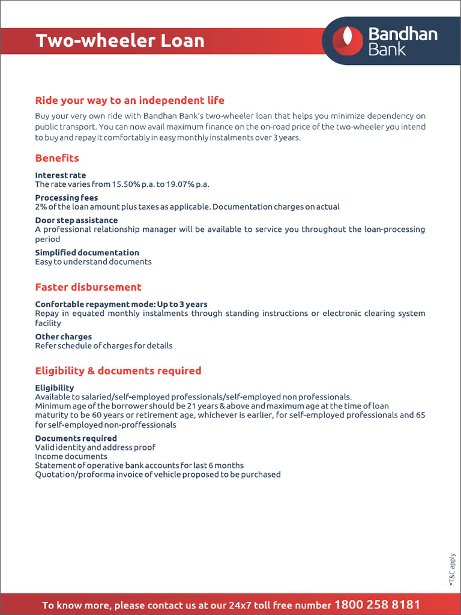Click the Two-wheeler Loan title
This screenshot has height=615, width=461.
[120, 41]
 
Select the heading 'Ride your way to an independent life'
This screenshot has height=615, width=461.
[130, 100]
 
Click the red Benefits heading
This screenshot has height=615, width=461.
[57, 158]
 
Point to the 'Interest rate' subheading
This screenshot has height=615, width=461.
[61, 175]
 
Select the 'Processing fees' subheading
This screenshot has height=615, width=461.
[67, 198]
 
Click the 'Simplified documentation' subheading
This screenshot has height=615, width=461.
[87, 253]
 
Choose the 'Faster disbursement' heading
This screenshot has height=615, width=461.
[88, 287]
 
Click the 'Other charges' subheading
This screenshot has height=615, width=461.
[64, 337]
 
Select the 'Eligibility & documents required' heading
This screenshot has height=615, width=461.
[118, 371]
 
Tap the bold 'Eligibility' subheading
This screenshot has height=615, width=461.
[55, 388]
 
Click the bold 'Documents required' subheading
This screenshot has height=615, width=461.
[76, 438]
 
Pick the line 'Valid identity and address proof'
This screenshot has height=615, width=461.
[95, 447]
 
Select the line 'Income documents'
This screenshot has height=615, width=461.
[71, 456]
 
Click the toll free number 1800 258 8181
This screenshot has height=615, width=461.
[377, 604]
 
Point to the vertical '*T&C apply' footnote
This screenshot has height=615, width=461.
[453, 569]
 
